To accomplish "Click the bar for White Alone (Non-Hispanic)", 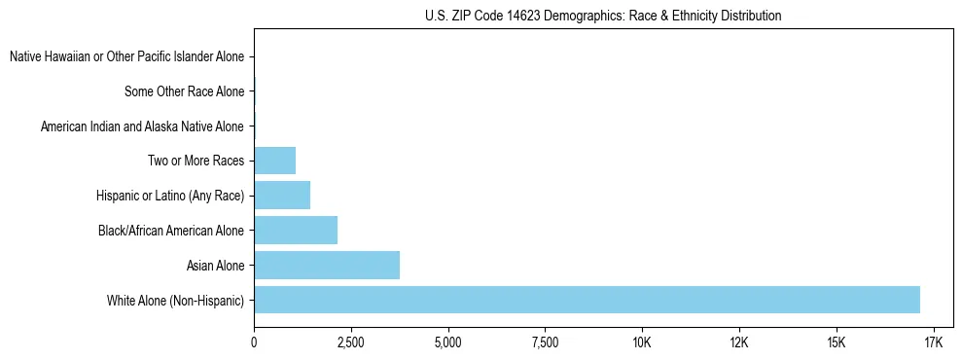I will tap(587, 300).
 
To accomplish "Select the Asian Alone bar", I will tap(327, 265).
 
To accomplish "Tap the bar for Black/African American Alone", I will tap(296, 231).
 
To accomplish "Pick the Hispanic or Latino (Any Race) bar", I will tap(282, 196).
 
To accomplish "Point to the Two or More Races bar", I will tap(274, 161).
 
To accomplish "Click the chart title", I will tap(603, 16).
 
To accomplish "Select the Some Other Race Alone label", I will tap(185, 92).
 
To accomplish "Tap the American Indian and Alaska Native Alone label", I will tap(142, 126).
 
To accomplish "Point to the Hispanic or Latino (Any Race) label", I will tap(170, 196).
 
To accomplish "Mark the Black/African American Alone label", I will tap(171, 231).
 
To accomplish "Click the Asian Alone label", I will tap(215, 265).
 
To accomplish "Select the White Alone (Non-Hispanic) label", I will tap(176, 300).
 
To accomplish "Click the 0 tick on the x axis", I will tap(254, 343).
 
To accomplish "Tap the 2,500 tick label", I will tap(351, 343).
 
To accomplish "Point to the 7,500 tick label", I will tap(545, 343).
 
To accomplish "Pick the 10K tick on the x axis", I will tap(642, 343).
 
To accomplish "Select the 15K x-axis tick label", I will tap(836, 343).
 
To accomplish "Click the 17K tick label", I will tap(933, 343).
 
